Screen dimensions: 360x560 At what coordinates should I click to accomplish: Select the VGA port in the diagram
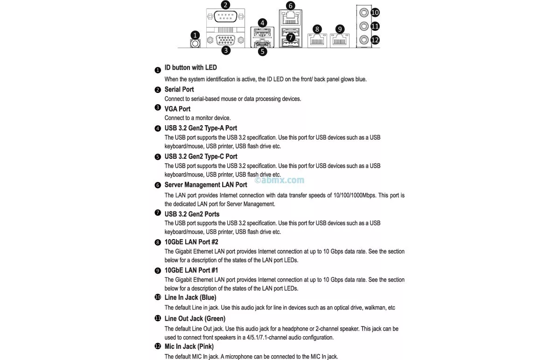click(x=226, y=40)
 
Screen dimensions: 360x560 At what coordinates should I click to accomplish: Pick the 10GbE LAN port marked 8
click(x=317, y=41)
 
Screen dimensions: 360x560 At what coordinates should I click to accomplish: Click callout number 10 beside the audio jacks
click(x=375, y=13)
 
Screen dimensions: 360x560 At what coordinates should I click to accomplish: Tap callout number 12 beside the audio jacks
click(x=375, y=40)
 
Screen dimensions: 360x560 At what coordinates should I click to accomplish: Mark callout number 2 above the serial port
click(x=226, y=5)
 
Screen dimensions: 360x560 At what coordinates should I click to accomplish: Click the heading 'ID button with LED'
click(x=190, y=68)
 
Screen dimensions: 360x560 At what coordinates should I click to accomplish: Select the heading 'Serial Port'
click(x=179, y=89)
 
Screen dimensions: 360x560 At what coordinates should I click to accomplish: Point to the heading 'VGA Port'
click(x=177, y=109)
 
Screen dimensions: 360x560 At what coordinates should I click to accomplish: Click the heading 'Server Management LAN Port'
click(x=206, y=185)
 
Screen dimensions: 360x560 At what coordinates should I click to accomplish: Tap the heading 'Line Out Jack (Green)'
click(x=195, y=318)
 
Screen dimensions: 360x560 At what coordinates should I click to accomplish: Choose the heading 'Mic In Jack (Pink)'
click(x=189, y=346)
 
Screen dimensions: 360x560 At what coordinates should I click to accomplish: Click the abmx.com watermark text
click(x=280, y=180)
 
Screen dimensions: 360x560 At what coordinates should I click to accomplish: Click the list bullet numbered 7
click(x=158, y=213)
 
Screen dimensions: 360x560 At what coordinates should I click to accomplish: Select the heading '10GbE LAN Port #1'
click(x=191, y=270)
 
